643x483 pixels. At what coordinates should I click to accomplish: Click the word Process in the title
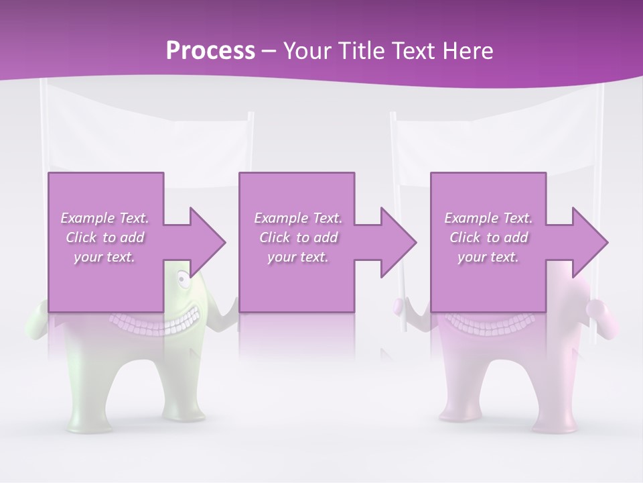(210, 51)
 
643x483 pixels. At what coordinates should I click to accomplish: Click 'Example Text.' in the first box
(105, 218)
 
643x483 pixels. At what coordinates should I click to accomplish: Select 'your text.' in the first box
(105, 257)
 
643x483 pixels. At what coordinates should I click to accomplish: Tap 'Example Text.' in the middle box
(298, 218)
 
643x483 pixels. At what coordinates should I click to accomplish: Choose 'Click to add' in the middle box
(298, 237)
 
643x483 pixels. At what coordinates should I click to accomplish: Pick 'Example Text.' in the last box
(488, 218)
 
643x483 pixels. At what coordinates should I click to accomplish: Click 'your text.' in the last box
(488, 257)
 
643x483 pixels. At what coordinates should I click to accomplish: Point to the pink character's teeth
(489, 323)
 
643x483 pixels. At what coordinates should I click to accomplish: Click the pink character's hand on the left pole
(399, 306)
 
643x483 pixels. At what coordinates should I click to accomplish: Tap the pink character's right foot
(553, 423)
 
